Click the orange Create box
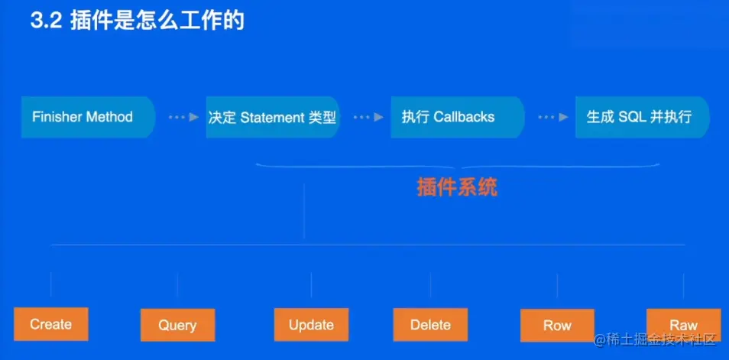pos(51,324)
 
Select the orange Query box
pos(177,325)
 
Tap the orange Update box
pos(311,325)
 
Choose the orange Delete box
pos(430,325)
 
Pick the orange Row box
pos(557,325)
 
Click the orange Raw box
pos(683,325)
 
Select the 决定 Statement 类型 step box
pos(272,117)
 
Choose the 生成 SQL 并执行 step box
pos(641,117)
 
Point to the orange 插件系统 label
pos(457,187)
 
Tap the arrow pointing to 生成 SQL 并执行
pos(552,117)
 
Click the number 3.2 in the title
pos(45,21)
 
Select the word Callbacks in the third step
pos(464,117)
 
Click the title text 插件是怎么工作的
pos(157,21)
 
